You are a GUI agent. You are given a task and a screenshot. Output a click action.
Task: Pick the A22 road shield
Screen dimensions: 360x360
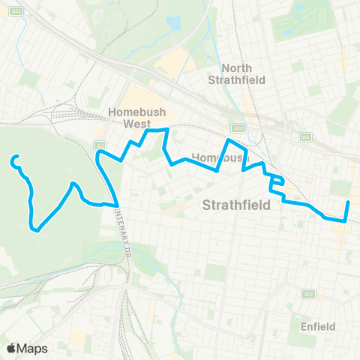tap(308, 294)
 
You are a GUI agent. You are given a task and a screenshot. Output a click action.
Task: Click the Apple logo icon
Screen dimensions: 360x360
tap(11, 348)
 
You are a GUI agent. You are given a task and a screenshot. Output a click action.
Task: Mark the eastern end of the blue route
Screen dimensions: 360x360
tap(349, 202)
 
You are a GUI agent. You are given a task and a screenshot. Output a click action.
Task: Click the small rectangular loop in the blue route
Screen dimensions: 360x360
tap(276, 179)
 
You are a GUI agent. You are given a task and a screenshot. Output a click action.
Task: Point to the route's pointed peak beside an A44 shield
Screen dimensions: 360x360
tap(229, 139)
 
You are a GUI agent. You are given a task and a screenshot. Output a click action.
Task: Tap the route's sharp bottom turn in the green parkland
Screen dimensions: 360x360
tap(34, 229)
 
